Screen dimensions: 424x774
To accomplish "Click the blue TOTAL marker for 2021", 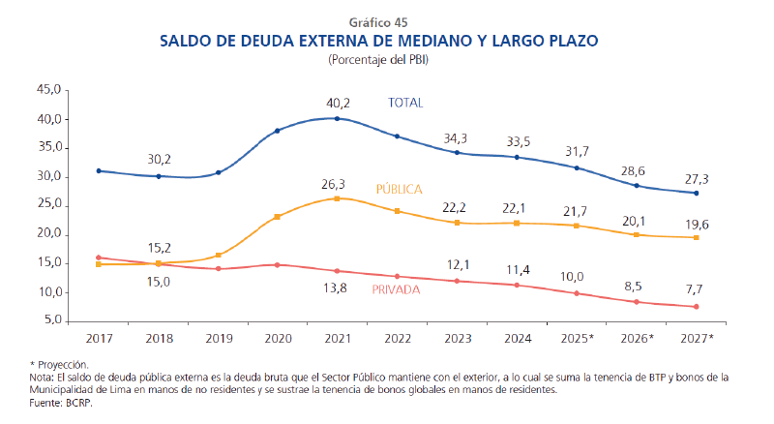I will [x=337, y=118].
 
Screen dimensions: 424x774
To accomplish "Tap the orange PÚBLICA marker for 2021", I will [x=337, y=198].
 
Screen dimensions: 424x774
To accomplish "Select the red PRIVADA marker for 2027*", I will [x=697, y=307].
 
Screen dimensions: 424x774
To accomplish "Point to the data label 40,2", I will [x=337, y=102].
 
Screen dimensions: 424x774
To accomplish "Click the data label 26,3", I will [x=337, y=182].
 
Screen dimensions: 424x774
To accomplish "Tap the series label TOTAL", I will [x=405, y=102].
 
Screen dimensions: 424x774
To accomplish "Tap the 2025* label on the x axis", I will [x=579, y=338].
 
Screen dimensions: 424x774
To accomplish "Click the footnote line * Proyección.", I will [x=60, y=363].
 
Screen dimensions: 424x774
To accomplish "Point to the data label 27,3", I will [x=697, y=178].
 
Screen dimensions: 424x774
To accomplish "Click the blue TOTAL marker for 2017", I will [x=98, y=170].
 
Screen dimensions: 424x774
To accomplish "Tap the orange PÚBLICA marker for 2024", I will [x=517, y=223].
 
